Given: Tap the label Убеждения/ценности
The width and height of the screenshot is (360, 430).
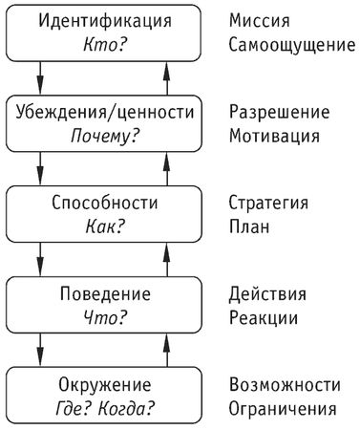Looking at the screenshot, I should (x=106, y=112).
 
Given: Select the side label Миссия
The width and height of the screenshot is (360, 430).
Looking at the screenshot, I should (x=260, y=20).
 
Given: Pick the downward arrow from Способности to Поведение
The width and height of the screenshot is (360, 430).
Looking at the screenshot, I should (x=41, y=258).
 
